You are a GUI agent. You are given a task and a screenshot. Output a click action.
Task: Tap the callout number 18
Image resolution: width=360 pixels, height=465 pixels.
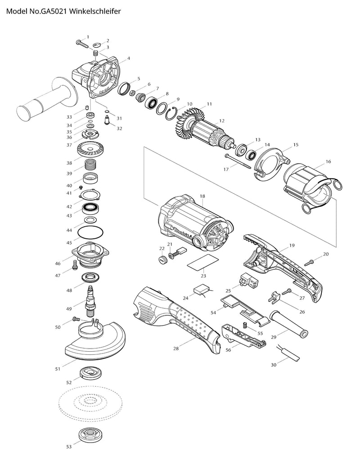click(202, 196)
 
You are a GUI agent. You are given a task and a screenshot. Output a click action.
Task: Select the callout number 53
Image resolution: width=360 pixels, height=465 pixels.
click(69, 447)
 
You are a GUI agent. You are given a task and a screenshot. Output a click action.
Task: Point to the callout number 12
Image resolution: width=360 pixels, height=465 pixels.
click(221, 121)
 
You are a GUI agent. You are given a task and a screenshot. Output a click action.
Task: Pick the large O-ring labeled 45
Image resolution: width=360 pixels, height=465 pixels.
click(90, 233)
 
